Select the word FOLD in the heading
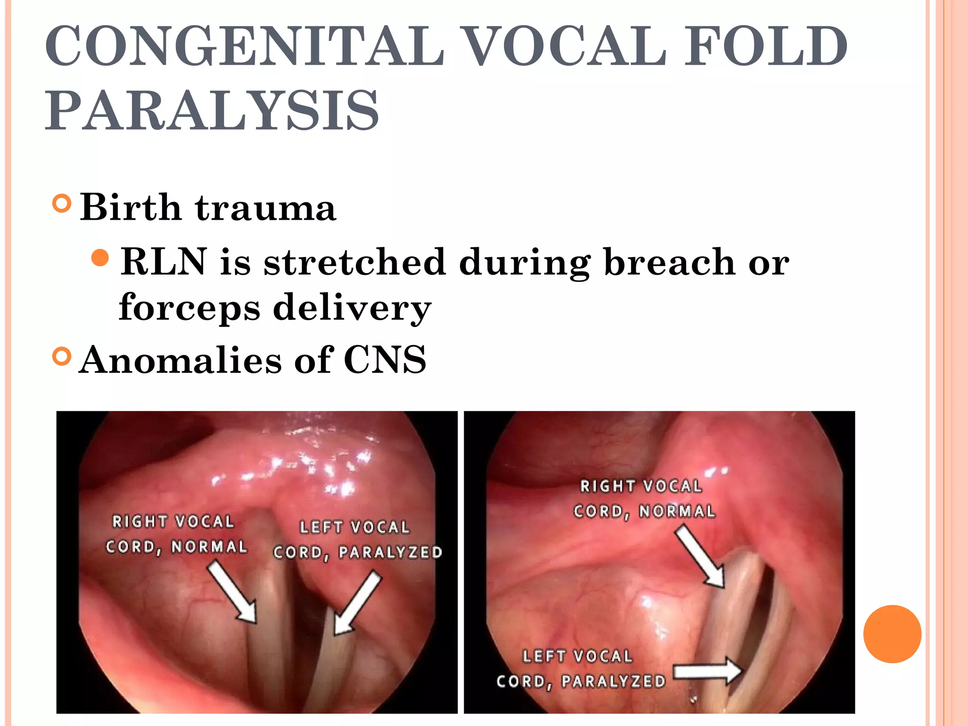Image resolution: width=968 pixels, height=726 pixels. point(766,46)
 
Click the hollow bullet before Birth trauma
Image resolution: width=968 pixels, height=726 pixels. point(62,204)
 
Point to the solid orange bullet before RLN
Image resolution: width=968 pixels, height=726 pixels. point(100,258)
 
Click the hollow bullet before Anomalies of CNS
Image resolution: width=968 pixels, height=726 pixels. point(62,356)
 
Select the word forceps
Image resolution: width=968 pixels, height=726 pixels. point(189,307)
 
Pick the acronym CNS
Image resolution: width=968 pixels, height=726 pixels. point(385,360)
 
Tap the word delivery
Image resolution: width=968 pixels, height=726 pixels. point(352,307)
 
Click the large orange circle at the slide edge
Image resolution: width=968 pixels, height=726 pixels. point(892,634)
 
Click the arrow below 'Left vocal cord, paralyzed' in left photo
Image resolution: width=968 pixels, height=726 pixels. point(357,603)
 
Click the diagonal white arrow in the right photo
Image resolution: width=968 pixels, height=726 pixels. point(700,558)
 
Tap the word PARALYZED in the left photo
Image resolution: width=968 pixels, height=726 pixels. point(390,553)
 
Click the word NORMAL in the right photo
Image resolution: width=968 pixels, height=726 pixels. point(677,511)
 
